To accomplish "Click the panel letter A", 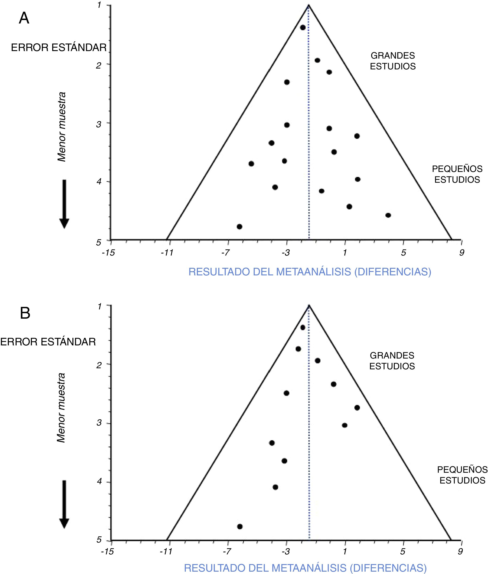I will (x=24, y=19).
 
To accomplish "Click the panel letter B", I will (x=25, y=313).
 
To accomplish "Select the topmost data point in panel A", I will (x=303, y=27).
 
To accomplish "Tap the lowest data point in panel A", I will (x=239, y=227).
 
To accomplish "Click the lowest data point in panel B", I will (x=240, y=526).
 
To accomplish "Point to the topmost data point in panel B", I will (x=303, y=327).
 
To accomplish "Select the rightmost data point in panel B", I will (x=357, y=407).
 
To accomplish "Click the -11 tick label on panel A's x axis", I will (x=167, y=253).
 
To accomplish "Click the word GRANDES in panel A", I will (x=393, y=56).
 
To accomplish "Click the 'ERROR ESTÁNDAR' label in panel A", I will (x=59, y=48).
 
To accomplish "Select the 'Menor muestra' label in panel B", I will (x=61, y=408).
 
